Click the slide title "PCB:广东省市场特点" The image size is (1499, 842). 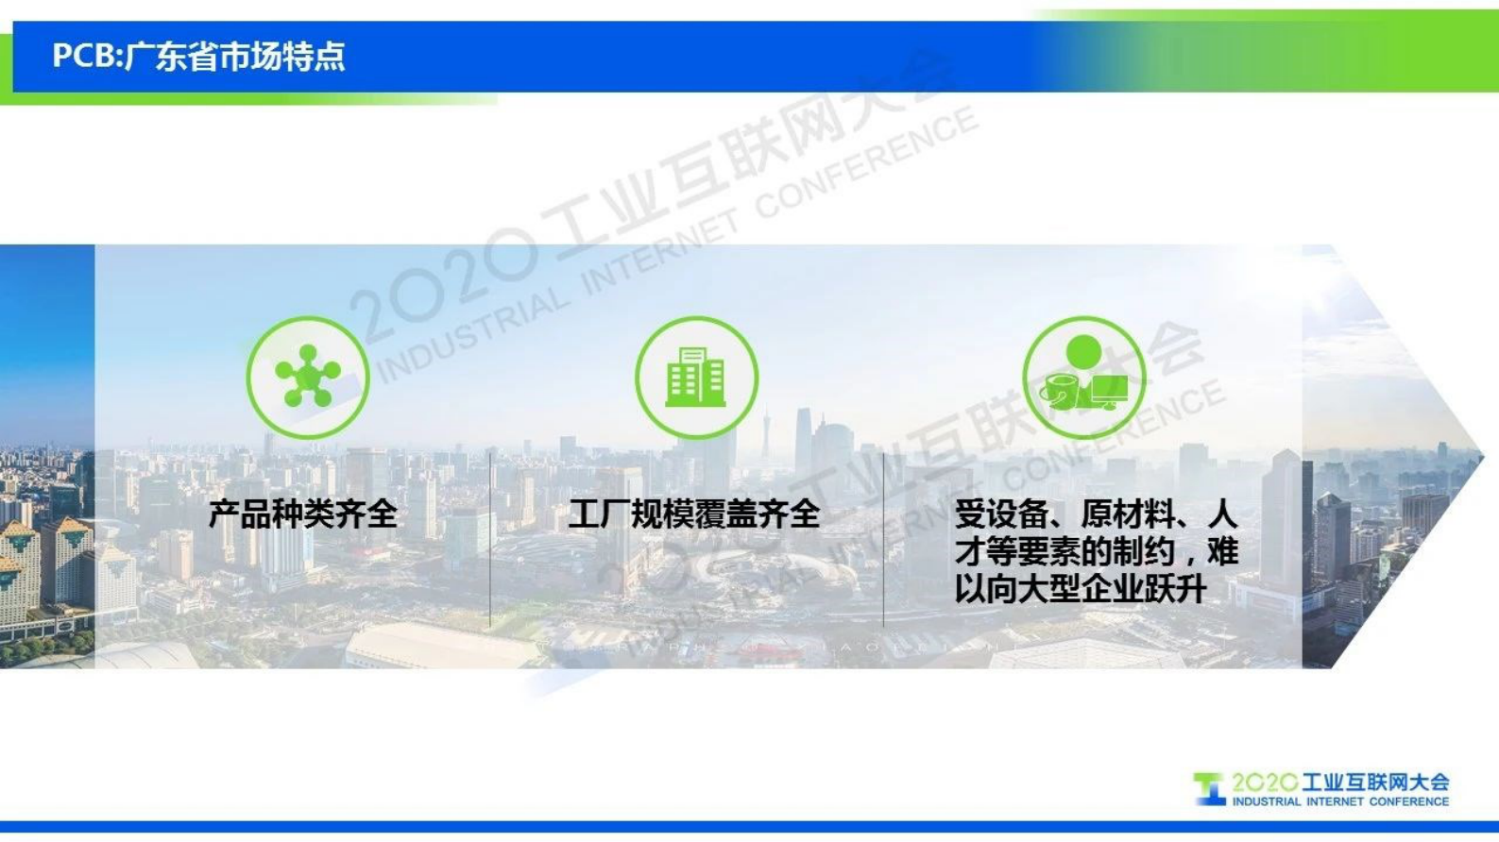tap(198, 57)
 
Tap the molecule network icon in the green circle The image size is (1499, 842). tap(307, 377)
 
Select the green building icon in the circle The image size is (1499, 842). tap(696, 377)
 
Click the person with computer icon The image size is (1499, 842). tap(1084, 378)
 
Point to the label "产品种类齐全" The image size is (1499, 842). tap(302, 514)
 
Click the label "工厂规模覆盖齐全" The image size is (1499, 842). tap(694, 514)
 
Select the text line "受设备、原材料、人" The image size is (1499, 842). tap(1095, 514)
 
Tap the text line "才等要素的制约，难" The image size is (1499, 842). tap(1095, 551)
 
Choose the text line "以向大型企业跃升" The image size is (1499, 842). tap(1081, 589)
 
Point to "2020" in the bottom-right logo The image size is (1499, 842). tap(1264, 783)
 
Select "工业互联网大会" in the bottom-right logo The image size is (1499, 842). tap(1375, 783)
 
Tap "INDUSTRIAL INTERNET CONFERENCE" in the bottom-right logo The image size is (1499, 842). tap(1340, 801)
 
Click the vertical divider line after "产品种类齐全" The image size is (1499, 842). tap(490, 538)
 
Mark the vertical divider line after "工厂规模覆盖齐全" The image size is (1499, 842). tap(883, 538)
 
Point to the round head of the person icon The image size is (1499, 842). tap(1083, 352)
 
